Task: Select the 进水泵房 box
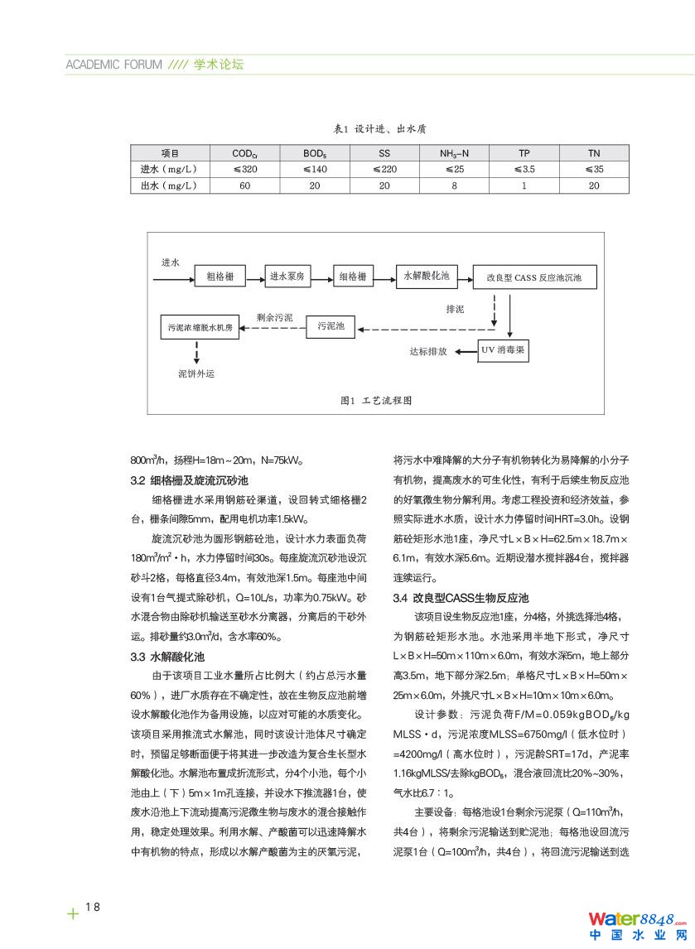pyautogui.click(x=287, y=277)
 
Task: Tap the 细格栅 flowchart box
pyautogui.click(x=353, y=277)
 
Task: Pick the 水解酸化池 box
pyautogui.click(x=426, y=276)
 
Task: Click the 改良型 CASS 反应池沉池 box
pyautogui.click(x=533, y=277)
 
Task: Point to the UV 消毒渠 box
pyautogui.click(x=503, y=350)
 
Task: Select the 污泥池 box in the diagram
pyautogui.click(x=331, y=326)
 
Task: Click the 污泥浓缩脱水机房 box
pyautogui.click(x=201, y=327)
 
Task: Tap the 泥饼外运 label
pyautogui.click(x=196, y=373)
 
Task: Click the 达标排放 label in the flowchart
pyautogui.click(x=428, y=351)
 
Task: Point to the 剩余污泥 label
pyautogui.click(x=274, y=316)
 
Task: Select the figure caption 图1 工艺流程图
pyautogui.click(x=376, y=400)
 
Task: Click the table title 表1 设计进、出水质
pyautogui.click(x=379, y=129)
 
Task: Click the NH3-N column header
pyautogui.click(x=454, y=153)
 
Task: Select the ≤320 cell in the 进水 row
pyautogui.click(x=245, y=169)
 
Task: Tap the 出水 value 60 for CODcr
pyautogui.click(x=245, y=185)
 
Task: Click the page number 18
pyautogui.click(x=92, y=907)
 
